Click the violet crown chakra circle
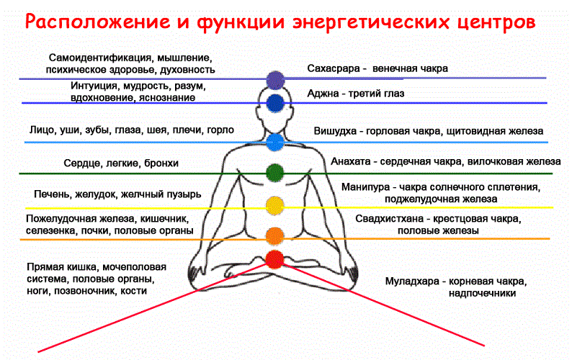275,80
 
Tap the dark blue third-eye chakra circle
275,103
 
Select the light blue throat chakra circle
275,143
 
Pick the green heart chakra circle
275,173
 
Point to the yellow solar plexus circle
275,205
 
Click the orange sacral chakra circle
275,236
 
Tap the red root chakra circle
274,259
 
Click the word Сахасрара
334,68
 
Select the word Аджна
323,94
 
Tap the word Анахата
351,161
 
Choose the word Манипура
365,187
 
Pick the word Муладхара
412,282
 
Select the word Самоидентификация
100,58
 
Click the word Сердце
83,163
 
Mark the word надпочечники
482,294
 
